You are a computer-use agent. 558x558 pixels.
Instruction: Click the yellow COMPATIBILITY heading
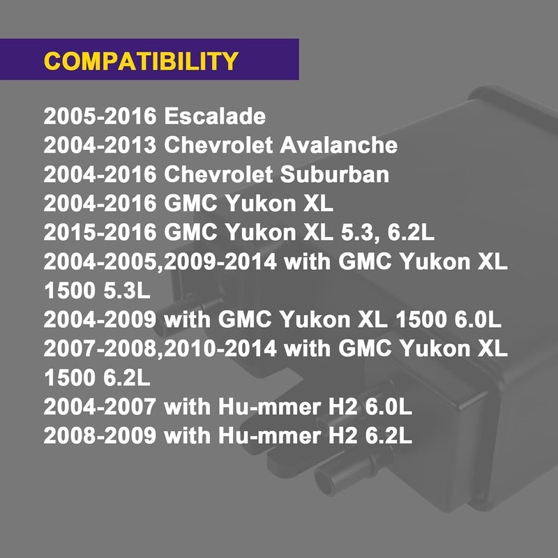(x=141, y=61)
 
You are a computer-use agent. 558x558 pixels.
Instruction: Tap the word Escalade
(x=215, y=116)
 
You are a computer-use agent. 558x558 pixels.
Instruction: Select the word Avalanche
(x=338, y=145)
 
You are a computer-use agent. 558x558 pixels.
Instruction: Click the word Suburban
(x=335, y=174)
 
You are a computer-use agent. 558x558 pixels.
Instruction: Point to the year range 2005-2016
(x=100, y=116)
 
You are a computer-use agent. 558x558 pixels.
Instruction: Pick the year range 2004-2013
(x=100, y=145)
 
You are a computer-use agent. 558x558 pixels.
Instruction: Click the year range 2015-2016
(x=100, y=232)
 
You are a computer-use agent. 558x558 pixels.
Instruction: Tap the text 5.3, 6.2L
(x=388, y=232)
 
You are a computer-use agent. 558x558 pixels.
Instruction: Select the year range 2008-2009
(x=100, y=435)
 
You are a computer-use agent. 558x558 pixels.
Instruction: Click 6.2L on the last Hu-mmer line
(x=389, y=435)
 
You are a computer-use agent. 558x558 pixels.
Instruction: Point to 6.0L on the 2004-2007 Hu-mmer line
(x=389, y=407)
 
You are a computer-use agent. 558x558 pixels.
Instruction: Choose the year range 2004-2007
(x=100, y=407)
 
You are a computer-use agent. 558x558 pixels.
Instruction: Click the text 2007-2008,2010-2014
(x=160, y=348)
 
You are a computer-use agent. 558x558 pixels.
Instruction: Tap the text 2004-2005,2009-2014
(x=160, y=262)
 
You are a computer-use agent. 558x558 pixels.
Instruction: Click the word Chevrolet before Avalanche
(x=218, y=145)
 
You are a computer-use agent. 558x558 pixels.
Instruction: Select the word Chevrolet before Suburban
(x=218, y=174)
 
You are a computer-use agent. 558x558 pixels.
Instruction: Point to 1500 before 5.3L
(x=70, y=290)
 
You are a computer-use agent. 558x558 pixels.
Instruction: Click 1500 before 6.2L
(x=70, y=377)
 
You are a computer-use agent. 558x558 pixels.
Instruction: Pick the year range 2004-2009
(x=100, y=319)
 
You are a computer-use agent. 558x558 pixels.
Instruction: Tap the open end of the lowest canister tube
(x=325, y=481)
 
